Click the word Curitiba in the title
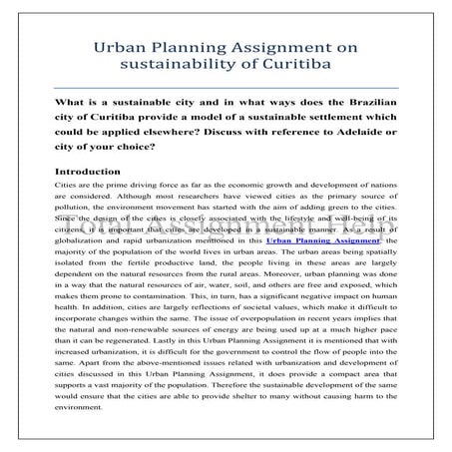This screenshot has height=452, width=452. tap(295, 66)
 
